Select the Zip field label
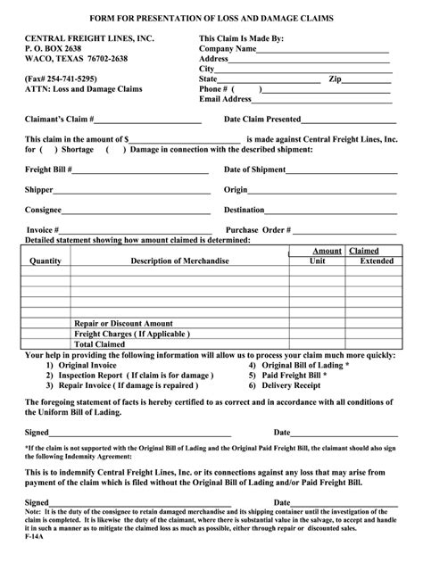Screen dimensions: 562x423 336,79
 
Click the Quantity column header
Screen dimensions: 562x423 45,261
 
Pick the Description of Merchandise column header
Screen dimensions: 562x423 180,261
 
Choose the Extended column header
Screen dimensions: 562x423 375,261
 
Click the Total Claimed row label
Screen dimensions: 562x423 101,343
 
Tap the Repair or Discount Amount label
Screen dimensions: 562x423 123,323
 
